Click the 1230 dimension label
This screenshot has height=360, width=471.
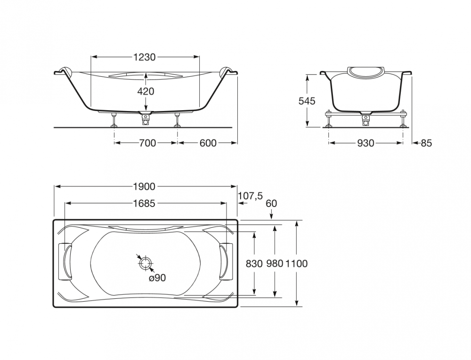[145, 57]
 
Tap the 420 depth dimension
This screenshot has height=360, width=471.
[146, 91]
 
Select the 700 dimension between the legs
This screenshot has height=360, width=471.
[147, 143]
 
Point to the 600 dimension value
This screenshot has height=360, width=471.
[208, 143]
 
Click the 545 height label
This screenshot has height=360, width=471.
[307, 101]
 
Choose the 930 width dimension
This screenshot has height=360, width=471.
[365, 144]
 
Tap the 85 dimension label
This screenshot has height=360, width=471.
[426, 144]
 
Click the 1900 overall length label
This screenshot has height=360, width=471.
[145, 187]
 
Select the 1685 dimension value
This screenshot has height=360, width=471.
[145, 203]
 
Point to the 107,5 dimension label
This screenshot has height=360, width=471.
[250, 196]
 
